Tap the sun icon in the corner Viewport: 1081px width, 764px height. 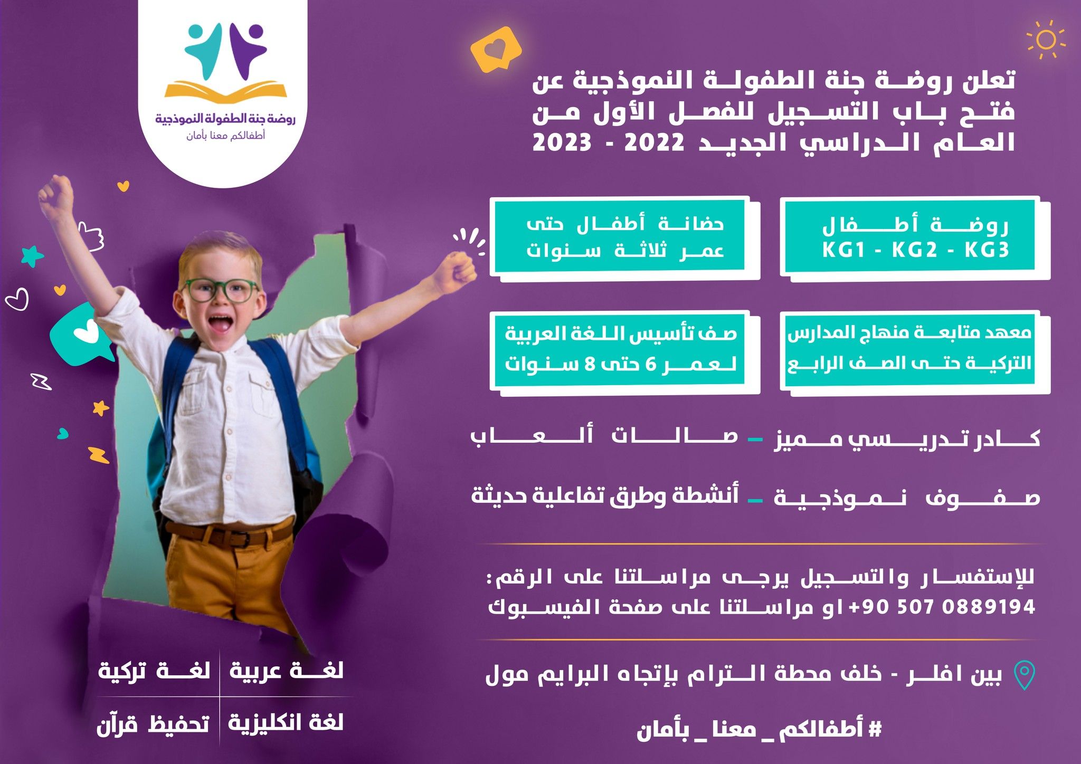(x=1045, y=40)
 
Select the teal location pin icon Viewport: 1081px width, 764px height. (x=1024, y=675)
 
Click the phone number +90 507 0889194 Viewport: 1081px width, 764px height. (x=942, y=607)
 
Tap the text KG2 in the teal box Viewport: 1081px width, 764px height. (x=915, y=250)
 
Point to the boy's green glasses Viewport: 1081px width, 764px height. (x=219, y=291)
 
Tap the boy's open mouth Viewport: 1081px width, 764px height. (x=220, y=323)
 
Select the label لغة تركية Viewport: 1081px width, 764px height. (x=154, y=671)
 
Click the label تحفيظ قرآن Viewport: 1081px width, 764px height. (x=153, y=723)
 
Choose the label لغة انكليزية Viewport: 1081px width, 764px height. (x=286, y=722)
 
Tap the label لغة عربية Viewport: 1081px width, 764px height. (x=287, y=671)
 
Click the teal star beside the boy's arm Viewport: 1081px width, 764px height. (x=33, y=256)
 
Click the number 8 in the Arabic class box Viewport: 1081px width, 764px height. (x=590, y=364)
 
